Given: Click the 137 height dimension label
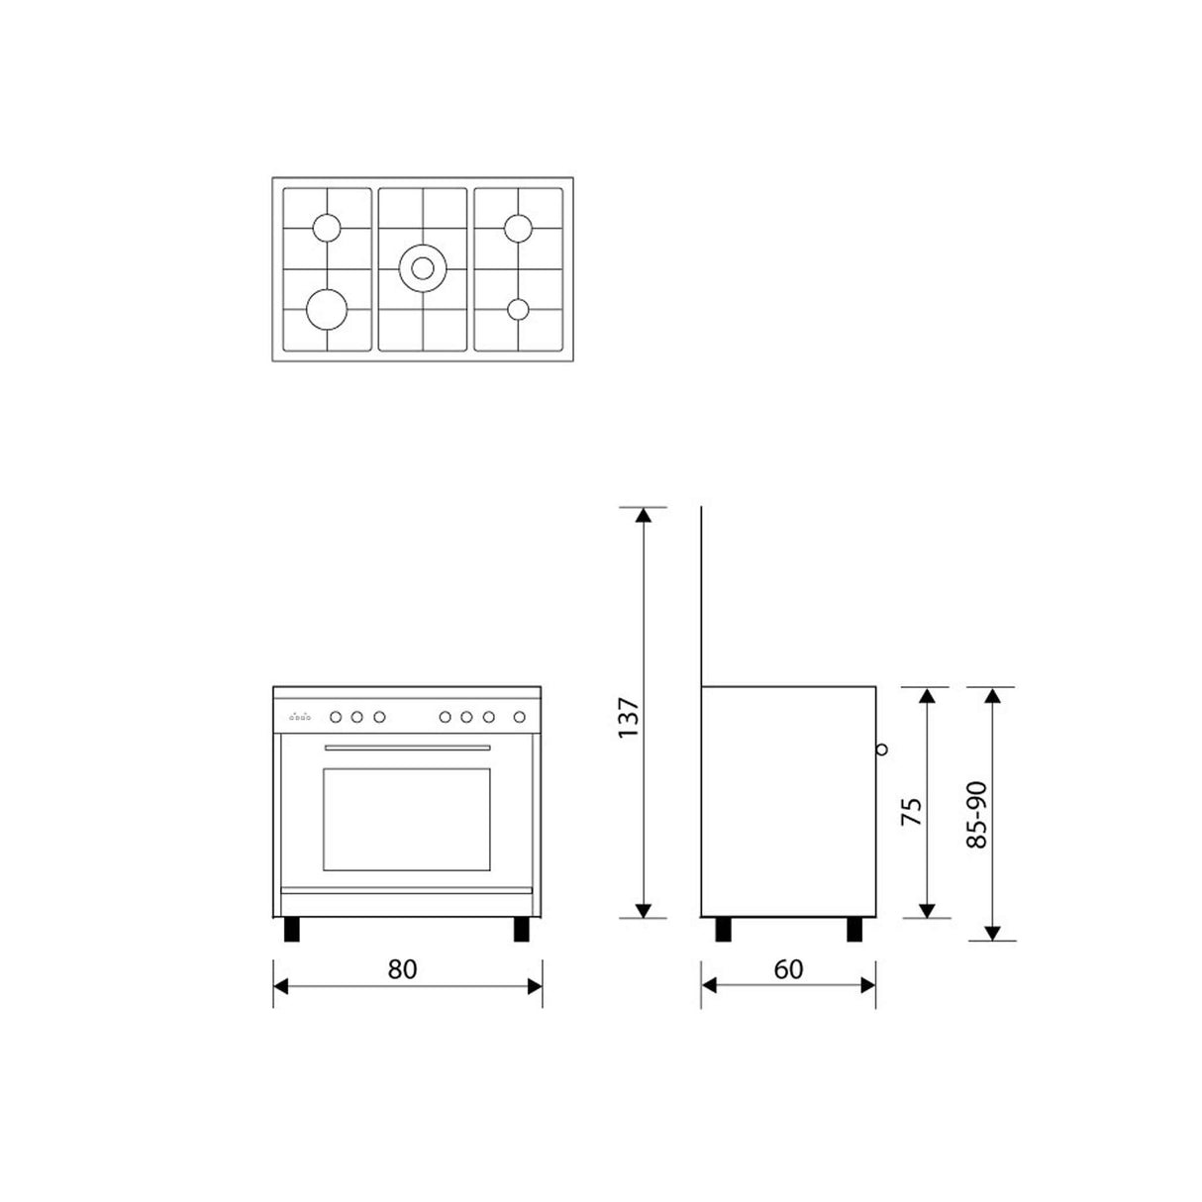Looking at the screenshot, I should click(x=628, y=719).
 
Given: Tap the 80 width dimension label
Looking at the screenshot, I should click(x=403, y=968).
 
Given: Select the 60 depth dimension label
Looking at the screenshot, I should click(x=788, y=968).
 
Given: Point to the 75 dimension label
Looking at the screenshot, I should click(x=912, y=812).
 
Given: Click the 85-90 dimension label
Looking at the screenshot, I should click(x=977, y=815).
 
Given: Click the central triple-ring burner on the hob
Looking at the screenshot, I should click(x=423, y=266).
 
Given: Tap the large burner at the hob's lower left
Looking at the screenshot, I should click(x=327, y=308).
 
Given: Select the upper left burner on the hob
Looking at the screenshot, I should click(x=326, y=228).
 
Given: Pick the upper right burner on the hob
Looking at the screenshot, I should click(x=518, y=228).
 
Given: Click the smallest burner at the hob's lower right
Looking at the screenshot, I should click(x=518, y=309).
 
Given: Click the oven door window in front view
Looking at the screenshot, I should click(x=406, y=820).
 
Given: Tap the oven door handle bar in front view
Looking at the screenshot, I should click(x=407, y=748).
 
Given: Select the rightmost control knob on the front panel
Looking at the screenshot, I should click(x=519, y=717).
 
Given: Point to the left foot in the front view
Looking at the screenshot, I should click(x=291, y=930).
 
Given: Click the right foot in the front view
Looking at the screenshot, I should click(x=522, y=930).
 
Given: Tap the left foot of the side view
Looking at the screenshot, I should click(x=724, y=930).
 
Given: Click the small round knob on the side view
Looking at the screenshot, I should click(x=881, y=750).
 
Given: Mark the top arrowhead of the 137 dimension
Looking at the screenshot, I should click(x=644, y=516).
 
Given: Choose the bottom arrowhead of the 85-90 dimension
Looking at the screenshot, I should click(x=994, y=932).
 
